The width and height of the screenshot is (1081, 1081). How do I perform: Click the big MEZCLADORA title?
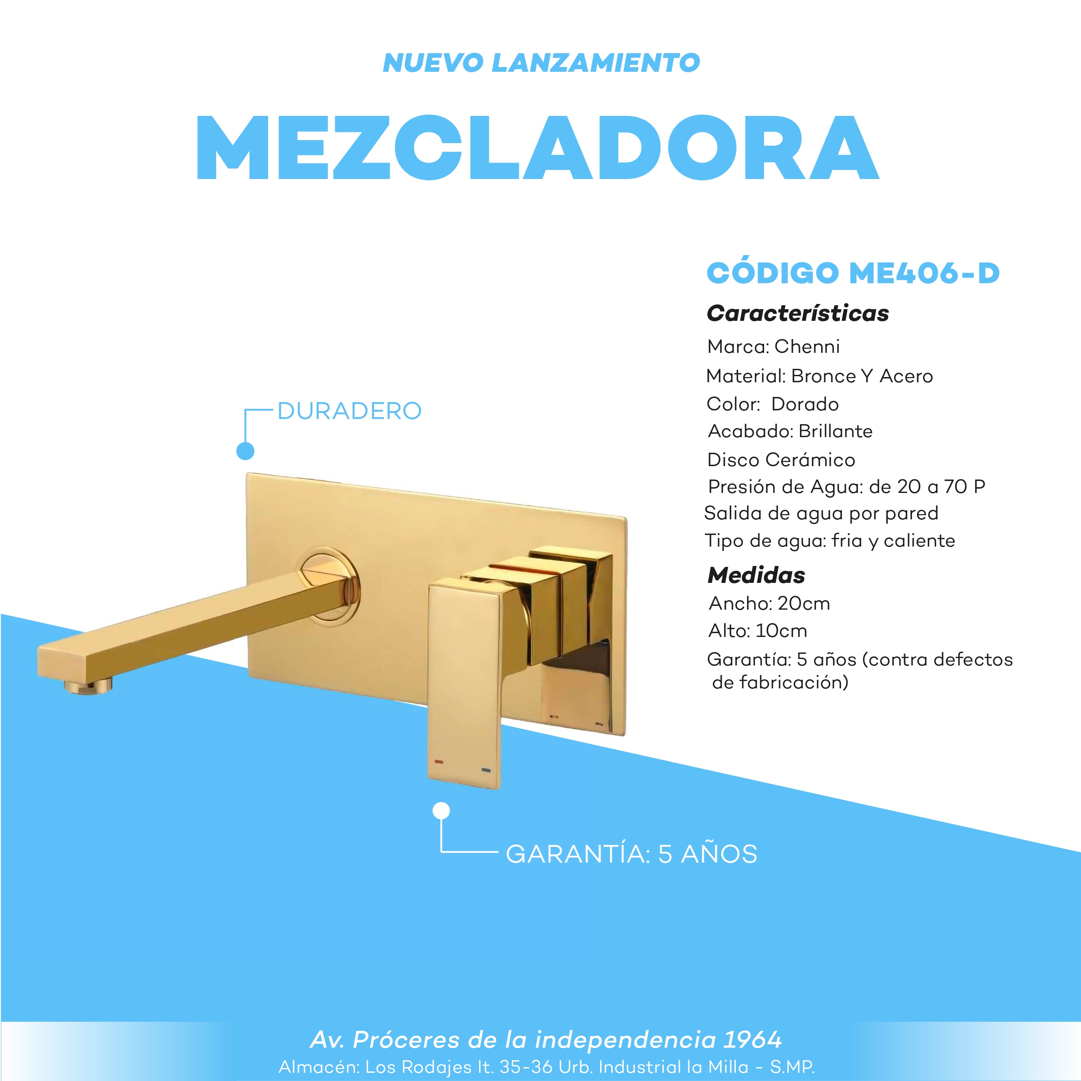coord(537,148)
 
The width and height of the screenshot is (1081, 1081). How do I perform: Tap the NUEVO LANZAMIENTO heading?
coord(541,63)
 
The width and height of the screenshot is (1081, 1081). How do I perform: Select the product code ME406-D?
coord(924,273)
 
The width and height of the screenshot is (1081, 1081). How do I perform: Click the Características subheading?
coord(797,313)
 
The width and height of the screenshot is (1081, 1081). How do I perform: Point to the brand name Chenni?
coord(807,347)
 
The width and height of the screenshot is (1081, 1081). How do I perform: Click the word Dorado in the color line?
coord(805,404)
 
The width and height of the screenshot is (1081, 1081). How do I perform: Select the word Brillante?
coord(835,432)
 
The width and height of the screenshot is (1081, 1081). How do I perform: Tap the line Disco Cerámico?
coord(781,460)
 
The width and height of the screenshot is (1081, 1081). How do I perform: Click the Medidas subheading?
coord(756,575)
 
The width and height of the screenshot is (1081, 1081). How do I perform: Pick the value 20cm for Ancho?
coord(803,604)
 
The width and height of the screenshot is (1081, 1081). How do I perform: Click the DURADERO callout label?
coord(349,411)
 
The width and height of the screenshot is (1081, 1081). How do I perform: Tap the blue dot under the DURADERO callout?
coord(245,451)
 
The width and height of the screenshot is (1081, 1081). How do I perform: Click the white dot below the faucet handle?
coord(441,811)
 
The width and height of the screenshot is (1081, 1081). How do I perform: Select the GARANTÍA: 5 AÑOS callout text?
coord(631,854)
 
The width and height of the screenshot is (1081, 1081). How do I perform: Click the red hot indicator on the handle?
coord(438,761)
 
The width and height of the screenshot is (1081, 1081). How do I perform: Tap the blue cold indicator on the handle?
coord(486,771)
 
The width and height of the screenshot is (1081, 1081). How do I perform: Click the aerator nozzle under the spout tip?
coord(88,687)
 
